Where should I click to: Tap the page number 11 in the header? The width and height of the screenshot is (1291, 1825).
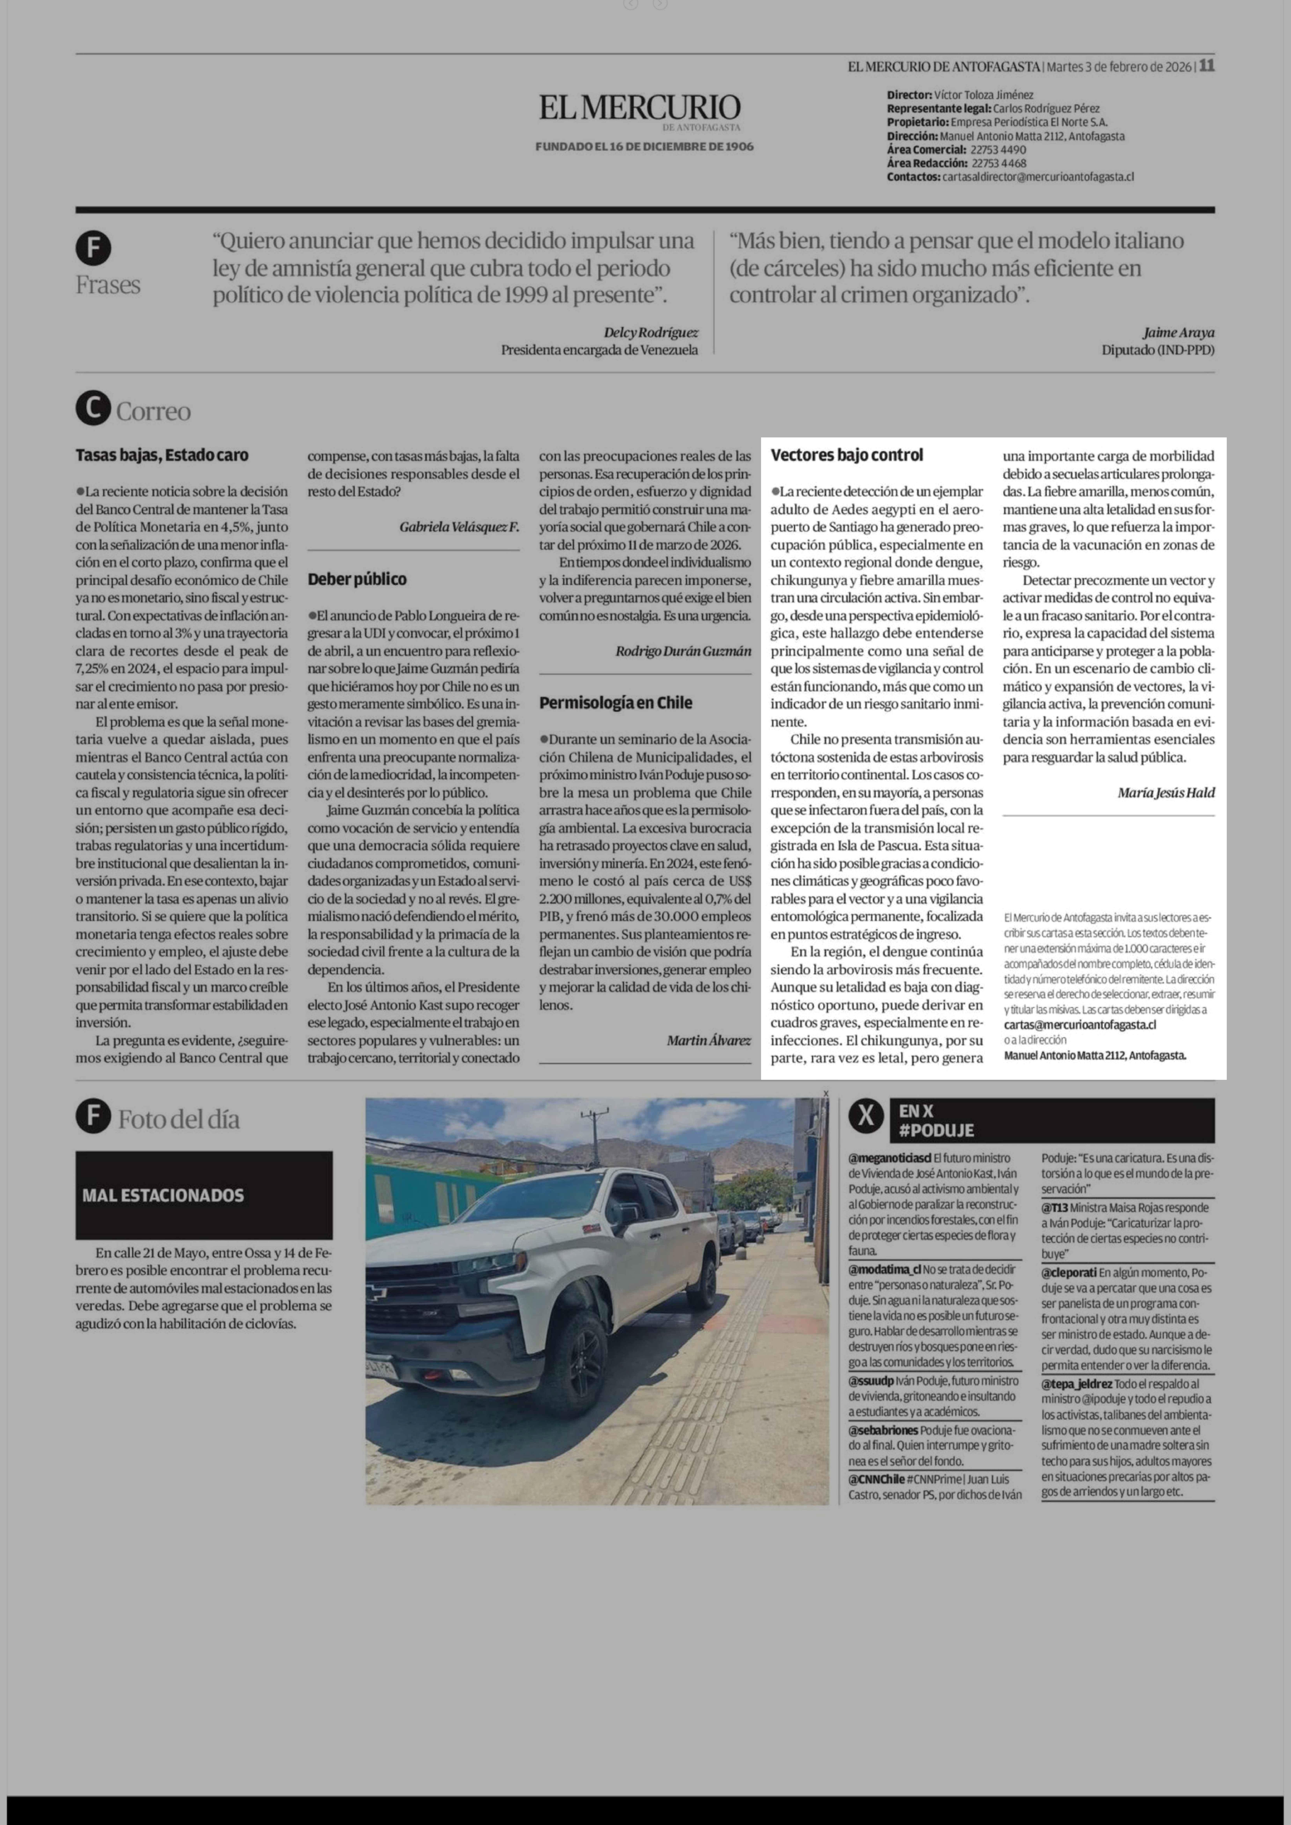point(1207,66)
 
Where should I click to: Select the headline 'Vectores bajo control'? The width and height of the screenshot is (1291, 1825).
point(847,456)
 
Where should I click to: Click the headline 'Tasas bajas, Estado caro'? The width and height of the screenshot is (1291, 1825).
point(162,456)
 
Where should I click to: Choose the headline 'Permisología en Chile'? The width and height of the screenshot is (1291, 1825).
point(615,703)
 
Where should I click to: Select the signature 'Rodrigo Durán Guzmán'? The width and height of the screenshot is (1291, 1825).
point(683,651)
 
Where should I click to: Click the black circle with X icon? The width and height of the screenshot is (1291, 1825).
point(866,1118)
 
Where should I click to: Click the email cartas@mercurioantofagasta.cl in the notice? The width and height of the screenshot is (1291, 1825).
point(1080,1025)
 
